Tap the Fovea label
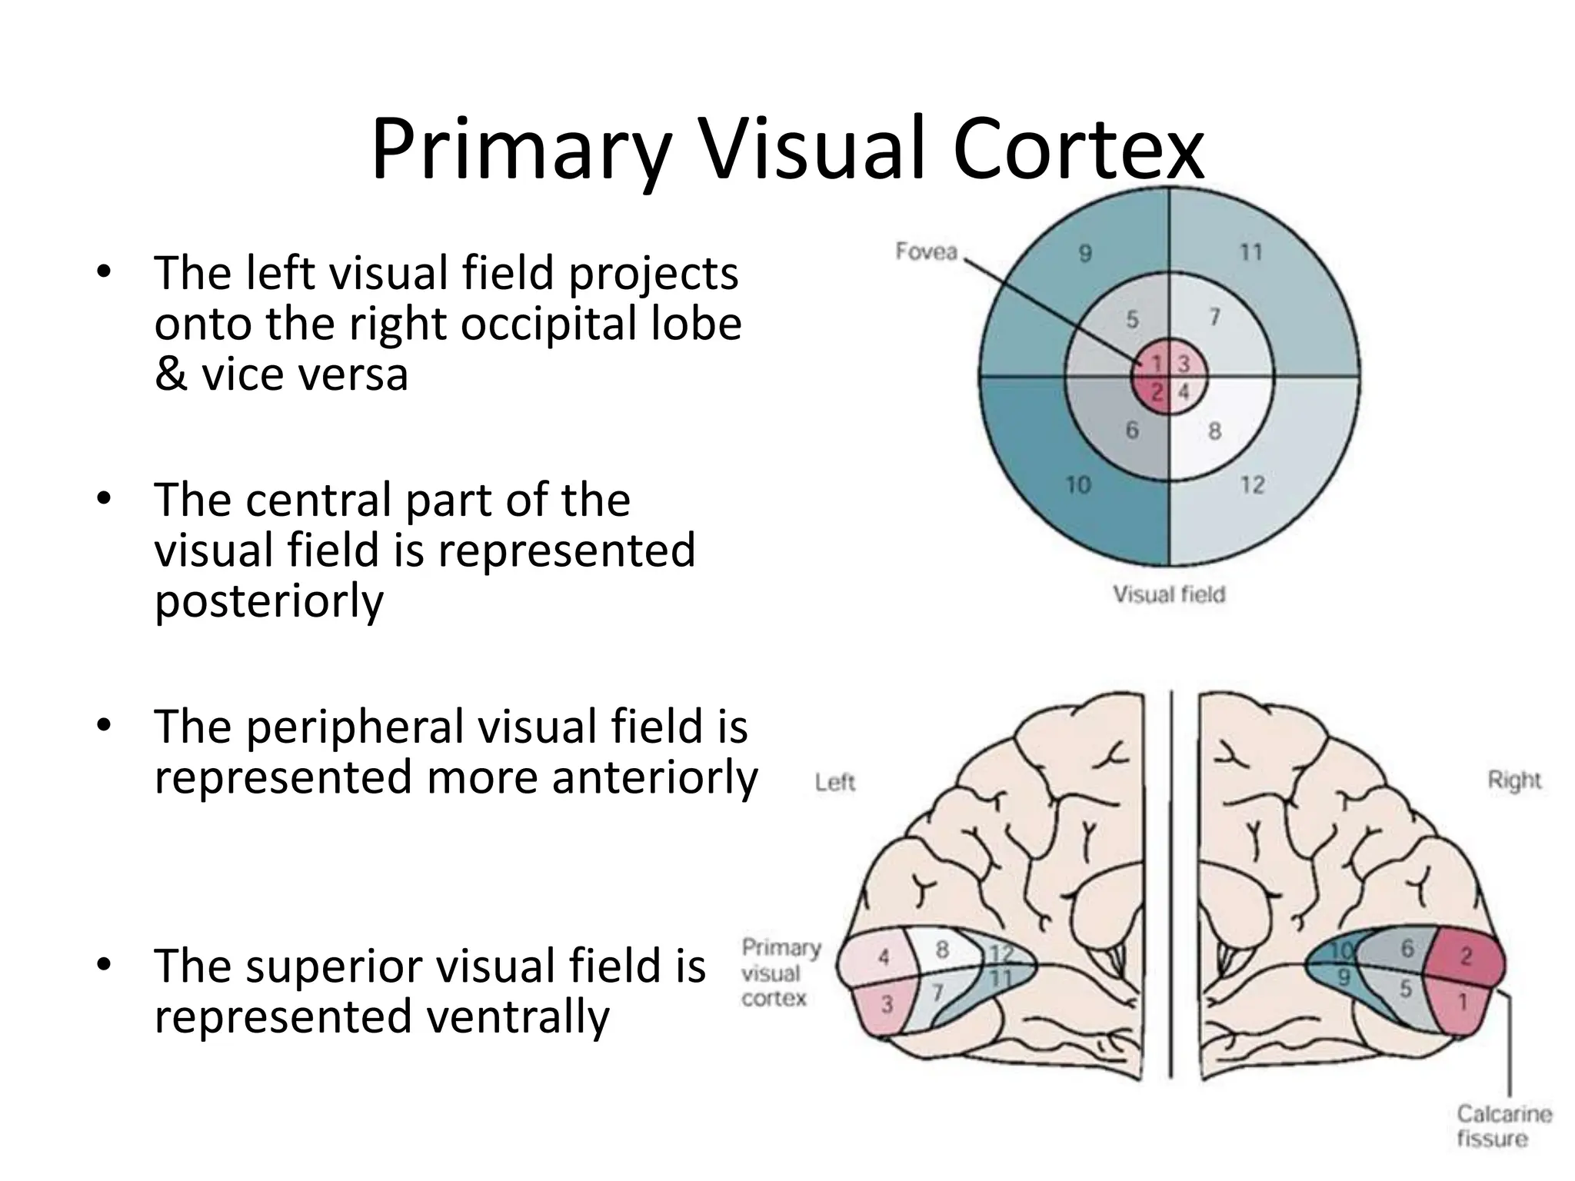(926, 251)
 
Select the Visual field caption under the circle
(1169, 594)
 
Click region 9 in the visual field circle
(1084, 252)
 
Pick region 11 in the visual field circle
(1251, 252)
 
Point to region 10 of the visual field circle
(1078, 485)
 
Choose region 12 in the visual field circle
(1252, 485)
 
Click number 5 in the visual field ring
(1132, 319)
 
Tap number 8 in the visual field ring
(1214, 431)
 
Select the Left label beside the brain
(835, 783)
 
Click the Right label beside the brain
(1514, 780)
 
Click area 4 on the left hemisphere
(884, 957)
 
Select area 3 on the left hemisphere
(887, 1004)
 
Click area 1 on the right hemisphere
(1463, 1002)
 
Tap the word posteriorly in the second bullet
(269, 600)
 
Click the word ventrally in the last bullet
(518, 1016)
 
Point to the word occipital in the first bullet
(549, 324)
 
